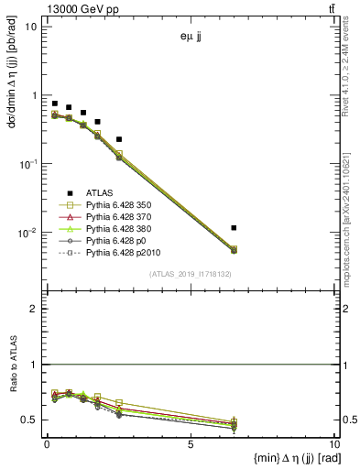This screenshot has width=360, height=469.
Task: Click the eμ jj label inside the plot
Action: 191,38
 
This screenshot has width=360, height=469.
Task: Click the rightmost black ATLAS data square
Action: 235,227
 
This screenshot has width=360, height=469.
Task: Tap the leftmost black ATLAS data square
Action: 55,104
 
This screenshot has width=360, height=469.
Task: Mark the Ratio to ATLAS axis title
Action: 13,394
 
